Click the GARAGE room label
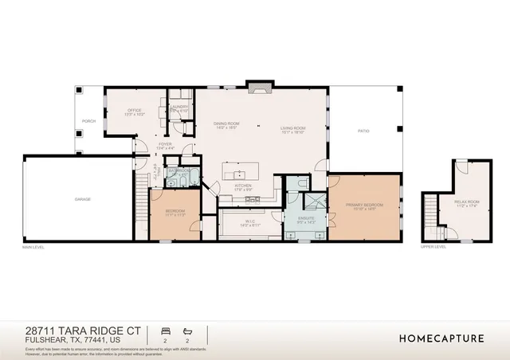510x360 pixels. [x=82, y=198]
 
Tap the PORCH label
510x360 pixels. [x=89, y=121]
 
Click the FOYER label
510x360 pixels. [x=165, y=146]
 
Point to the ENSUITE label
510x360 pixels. [x=306, y=219]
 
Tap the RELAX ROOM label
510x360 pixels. [x=466, y=203]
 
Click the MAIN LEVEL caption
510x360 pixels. [x=33, y=248]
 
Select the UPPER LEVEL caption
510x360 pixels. [x=433, y=247]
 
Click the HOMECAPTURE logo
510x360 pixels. [x=441, y=338]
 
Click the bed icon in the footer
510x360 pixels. [x=166, y=330]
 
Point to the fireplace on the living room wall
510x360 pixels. [x=259, y=84]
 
